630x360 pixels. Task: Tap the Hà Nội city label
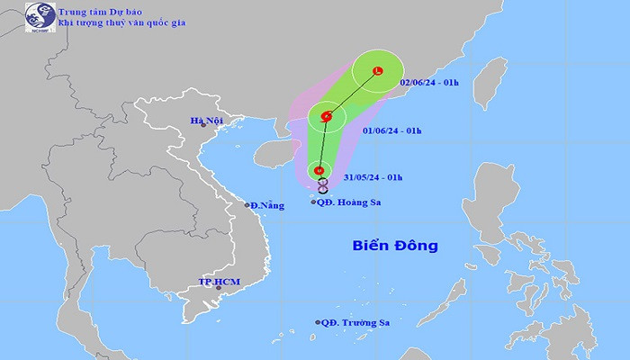(x=205, y=120)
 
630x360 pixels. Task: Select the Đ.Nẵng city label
(x=267, y=206)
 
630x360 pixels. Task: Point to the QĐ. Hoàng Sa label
(x=350, y=202)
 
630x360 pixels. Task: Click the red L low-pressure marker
(x=378, y=73)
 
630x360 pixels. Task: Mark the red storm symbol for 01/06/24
(x=326, y=117)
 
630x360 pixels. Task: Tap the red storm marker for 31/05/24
(x=319, y=170)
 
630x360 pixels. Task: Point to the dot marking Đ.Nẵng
(x=247, y=206)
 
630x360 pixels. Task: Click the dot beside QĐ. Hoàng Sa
(x=312, y=202)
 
